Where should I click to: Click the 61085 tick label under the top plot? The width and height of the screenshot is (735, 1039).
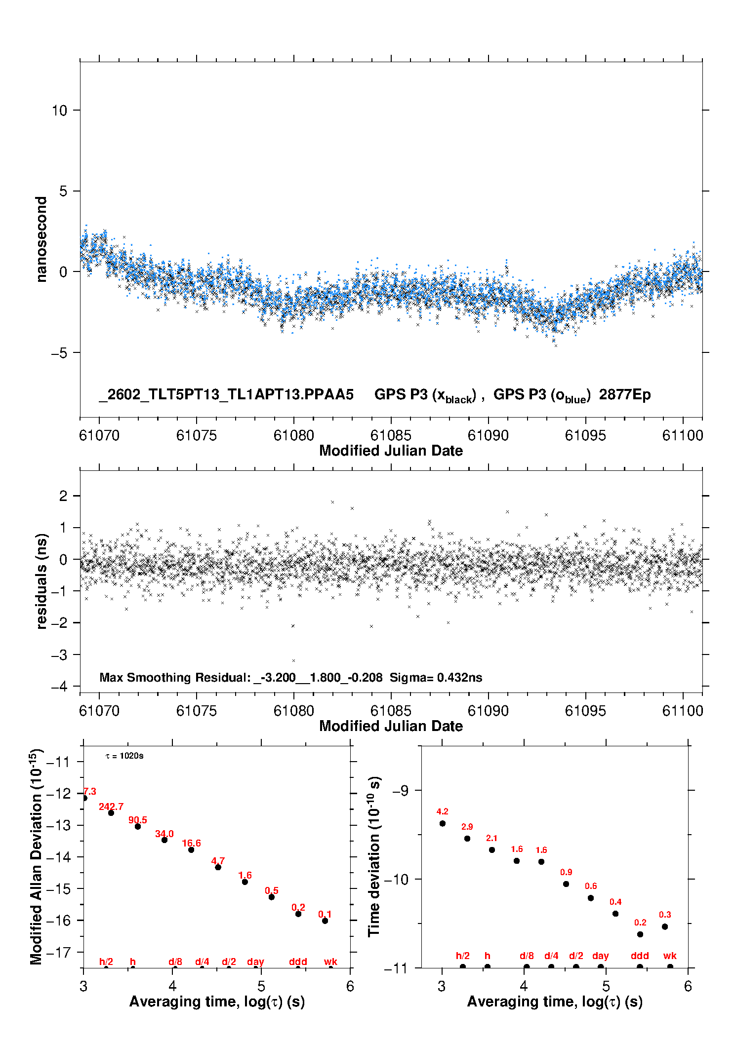tap(390, 435)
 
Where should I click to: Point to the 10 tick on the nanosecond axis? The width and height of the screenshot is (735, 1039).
tap(60, 110)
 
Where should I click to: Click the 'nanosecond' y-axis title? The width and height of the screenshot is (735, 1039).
tap(41, 239)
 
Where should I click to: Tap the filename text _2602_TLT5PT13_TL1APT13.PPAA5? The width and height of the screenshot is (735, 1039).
tap(226, 394)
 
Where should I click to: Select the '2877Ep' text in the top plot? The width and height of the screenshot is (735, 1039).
tap(625, 394)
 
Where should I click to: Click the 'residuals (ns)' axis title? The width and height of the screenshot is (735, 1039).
tap(42, 581)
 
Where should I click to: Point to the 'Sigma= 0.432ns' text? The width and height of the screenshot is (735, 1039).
tap(436, 677)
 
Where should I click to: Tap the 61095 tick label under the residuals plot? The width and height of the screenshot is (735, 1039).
tap(585, 711)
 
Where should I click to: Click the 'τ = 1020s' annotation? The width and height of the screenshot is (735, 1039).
tap(124, 756)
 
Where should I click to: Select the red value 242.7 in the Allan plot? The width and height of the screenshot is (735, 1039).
tap(111, 807)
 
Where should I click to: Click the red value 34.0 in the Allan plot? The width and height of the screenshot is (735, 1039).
tap(164, 834)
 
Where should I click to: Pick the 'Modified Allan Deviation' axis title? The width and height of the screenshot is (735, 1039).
tap(37, 857)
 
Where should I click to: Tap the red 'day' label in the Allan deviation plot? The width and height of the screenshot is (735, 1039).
tap(255, 962)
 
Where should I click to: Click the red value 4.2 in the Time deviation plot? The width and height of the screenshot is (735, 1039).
tap(443, 811)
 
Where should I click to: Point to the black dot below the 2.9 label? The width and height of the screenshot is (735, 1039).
tap(467, 838)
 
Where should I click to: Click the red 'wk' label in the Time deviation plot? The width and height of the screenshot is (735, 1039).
tap(670, 956)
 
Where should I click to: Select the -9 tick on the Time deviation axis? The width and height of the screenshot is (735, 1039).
tap(401, 790)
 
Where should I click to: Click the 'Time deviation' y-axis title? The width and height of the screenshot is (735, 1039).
tap(374, 856)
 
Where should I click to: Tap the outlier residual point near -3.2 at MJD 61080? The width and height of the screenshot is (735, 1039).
tap(293, 660)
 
